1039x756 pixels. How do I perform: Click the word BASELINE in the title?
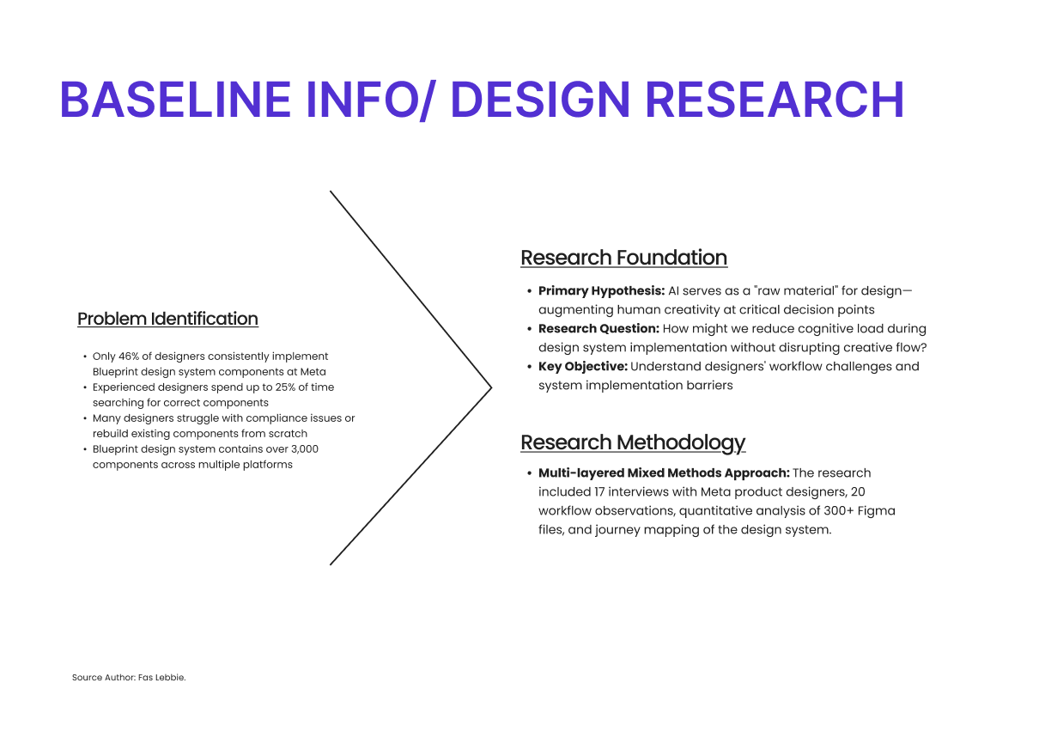click(x=175, y=100)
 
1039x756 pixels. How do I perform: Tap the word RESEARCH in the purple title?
click(x=775, y=100)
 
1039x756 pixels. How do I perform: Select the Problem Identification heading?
click(x=168, y=319)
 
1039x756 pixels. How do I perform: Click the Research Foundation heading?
click(x=624, y=258)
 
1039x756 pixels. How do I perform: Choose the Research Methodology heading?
click(x=633, y=442)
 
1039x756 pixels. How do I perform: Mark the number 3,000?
click(x=304, y=449)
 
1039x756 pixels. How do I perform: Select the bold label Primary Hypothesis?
click(x=602, y=291)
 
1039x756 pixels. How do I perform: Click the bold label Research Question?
click(x=598, y=328)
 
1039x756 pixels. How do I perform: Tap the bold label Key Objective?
click(x=583, y=367)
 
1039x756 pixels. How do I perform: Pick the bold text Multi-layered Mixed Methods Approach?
click(x=664, y=473)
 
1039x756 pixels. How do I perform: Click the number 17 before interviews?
click(x=599, y=492)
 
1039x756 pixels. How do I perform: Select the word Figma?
click(x=876, y=511)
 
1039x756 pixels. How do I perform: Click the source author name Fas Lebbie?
click(x=161, y=678)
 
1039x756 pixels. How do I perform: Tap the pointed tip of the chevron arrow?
click(x=491, y=387)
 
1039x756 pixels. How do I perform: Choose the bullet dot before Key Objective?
click(x=529, y=367)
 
